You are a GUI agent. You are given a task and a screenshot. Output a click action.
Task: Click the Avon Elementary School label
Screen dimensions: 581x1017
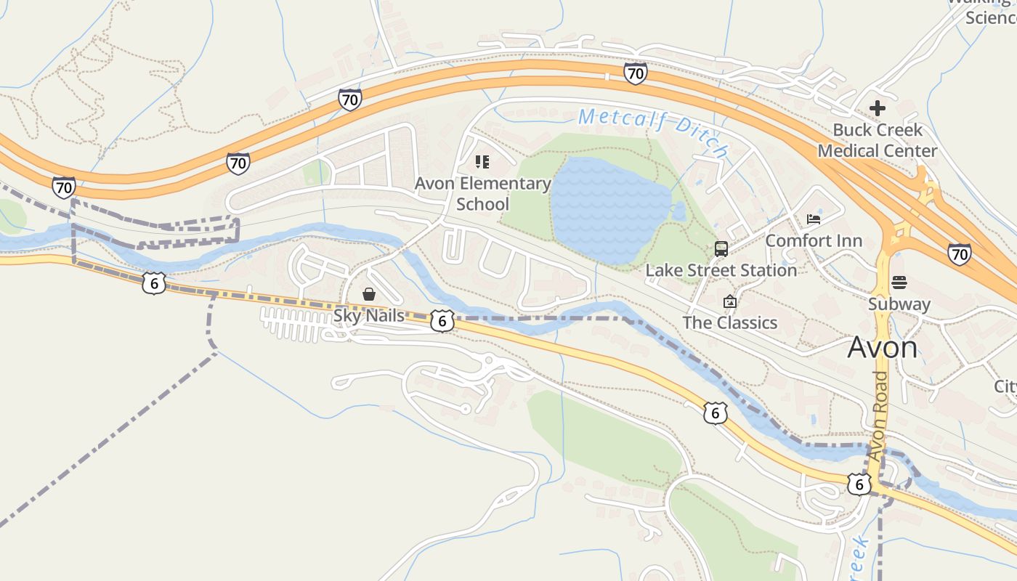coord(482,194)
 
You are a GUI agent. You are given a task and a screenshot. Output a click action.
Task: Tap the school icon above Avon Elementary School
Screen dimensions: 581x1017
coord(482,161)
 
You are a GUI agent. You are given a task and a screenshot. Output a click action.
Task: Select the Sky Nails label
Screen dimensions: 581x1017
coord(369,316)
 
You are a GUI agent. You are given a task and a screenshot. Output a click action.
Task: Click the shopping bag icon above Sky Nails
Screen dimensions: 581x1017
coord(369,294)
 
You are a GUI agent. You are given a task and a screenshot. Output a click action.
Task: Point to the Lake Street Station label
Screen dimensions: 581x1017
coord(721,270)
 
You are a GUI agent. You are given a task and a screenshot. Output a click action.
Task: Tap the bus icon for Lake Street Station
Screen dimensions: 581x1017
coord(721,249)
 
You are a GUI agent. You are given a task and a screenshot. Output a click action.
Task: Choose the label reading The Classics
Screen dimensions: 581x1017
coord(730,322)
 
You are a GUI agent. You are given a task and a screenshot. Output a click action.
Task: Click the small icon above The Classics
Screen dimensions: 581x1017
coord(730,301)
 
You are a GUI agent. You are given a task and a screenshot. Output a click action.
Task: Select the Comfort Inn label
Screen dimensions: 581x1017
coord(814,240)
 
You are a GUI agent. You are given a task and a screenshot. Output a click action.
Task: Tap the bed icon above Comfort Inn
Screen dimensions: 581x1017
coord(814,219)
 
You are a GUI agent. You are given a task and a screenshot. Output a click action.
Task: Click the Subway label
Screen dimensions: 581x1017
coord(899,304)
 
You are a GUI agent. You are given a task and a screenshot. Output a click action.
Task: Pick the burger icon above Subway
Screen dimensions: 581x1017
coord(899,283)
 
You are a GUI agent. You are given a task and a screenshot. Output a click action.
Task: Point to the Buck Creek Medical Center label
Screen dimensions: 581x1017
coord(878,140)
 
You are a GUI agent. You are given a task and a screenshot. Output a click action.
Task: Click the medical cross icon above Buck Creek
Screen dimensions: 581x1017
coord(878,109)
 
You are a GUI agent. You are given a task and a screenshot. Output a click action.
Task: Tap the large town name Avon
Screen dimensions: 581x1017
coord(882,348)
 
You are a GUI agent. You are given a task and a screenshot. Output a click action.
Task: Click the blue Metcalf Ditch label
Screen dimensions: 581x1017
coord(654,131)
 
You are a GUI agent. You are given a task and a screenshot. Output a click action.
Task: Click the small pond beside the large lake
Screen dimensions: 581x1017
coord(679,212)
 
